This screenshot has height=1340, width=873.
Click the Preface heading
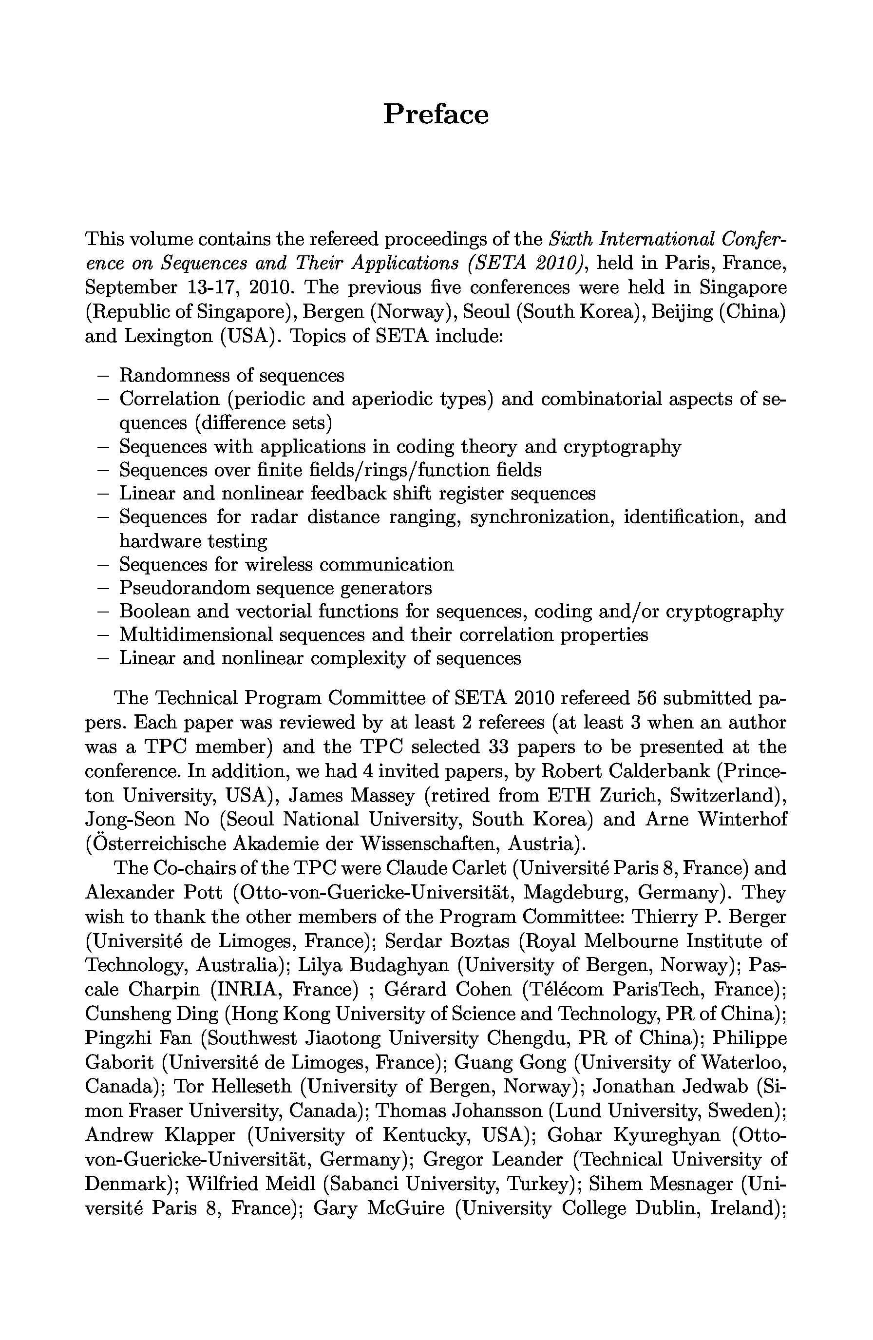tap(436, 115)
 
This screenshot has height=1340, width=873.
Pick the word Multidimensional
tap(195, 634)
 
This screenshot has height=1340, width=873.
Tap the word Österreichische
tap(153, 843)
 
